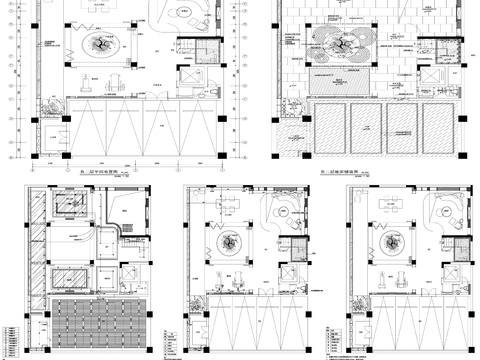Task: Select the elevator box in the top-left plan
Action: [189, 77]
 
